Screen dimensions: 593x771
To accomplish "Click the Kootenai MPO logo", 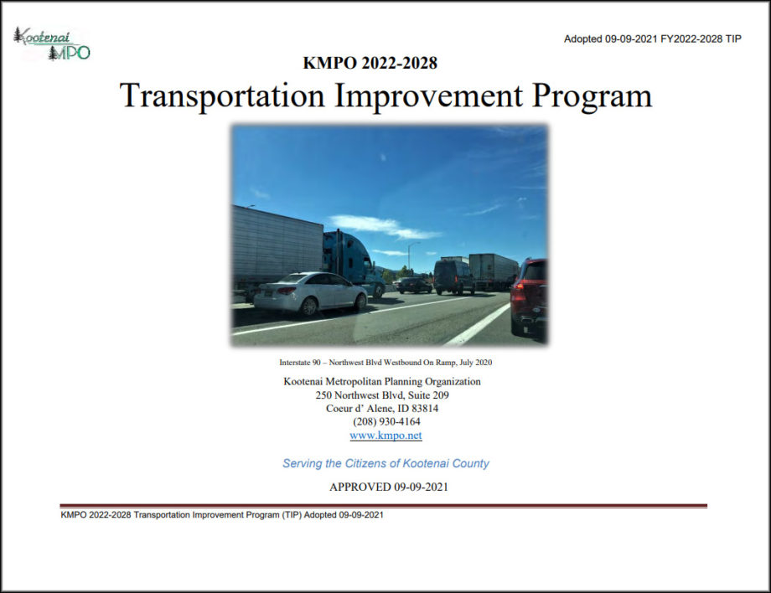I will pyautogui.click(x=51, y=44).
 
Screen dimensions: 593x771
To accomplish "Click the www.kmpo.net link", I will pyautogui.click(x=385, y=436).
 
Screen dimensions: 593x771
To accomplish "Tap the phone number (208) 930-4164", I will pyautogui.click(x=385, y=422).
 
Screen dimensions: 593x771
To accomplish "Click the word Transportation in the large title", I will pyautogui.click(x=221, y=95).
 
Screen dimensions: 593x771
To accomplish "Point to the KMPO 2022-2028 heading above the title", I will pyautogui.click(x=370, y=63).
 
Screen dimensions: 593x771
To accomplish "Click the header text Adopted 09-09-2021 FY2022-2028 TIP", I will pyautogui.click(x=652, y=39).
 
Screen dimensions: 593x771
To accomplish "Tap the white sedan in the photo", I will pyautogui.click(x=310, y=292).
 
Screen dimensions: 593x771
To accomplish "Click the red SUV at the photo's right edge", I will pyautogui.click(x=529, y=295).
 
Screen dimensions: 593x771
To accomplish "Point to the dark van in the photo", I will pyautogui.click(x=453, y=276).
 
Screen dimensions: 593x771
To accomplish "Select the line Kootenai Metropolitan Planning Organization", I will pyautogui.click(x=382, y=382).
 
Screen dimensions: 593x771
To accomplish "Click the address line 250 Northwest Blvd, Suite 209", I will pyautogui.click(x=382, y=395).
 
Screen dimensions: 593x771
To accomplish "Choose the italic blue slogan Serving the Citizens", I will pyautogui.click(x=385, y=463).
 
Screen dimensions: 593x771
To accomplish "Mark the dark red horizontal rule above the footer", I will pyautogui.click(x=383, y=506).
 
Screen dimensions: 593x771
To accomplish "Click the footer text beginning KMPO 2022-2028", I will pyautogui.click(x=222, y=515).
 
